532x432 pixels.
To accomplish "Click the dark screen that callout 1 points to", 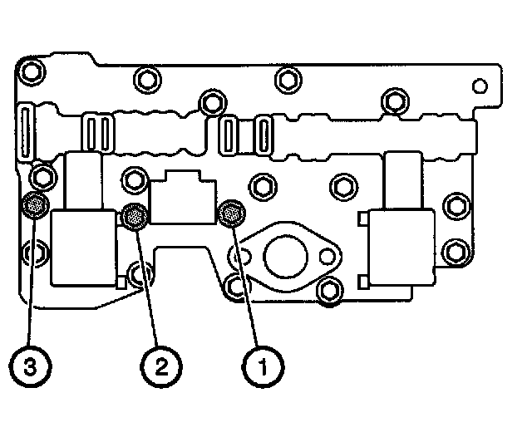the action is point(230,214).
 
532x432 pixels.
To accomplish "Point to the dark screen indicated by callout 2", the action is point(133,217).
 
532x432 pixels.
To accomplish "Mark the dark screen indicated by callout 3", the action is point(34,204).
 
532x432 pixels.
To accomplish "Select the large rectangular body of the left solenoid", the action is point(83,246).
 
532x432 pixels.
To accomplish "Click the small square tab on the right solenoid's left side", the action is point(363,219).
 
